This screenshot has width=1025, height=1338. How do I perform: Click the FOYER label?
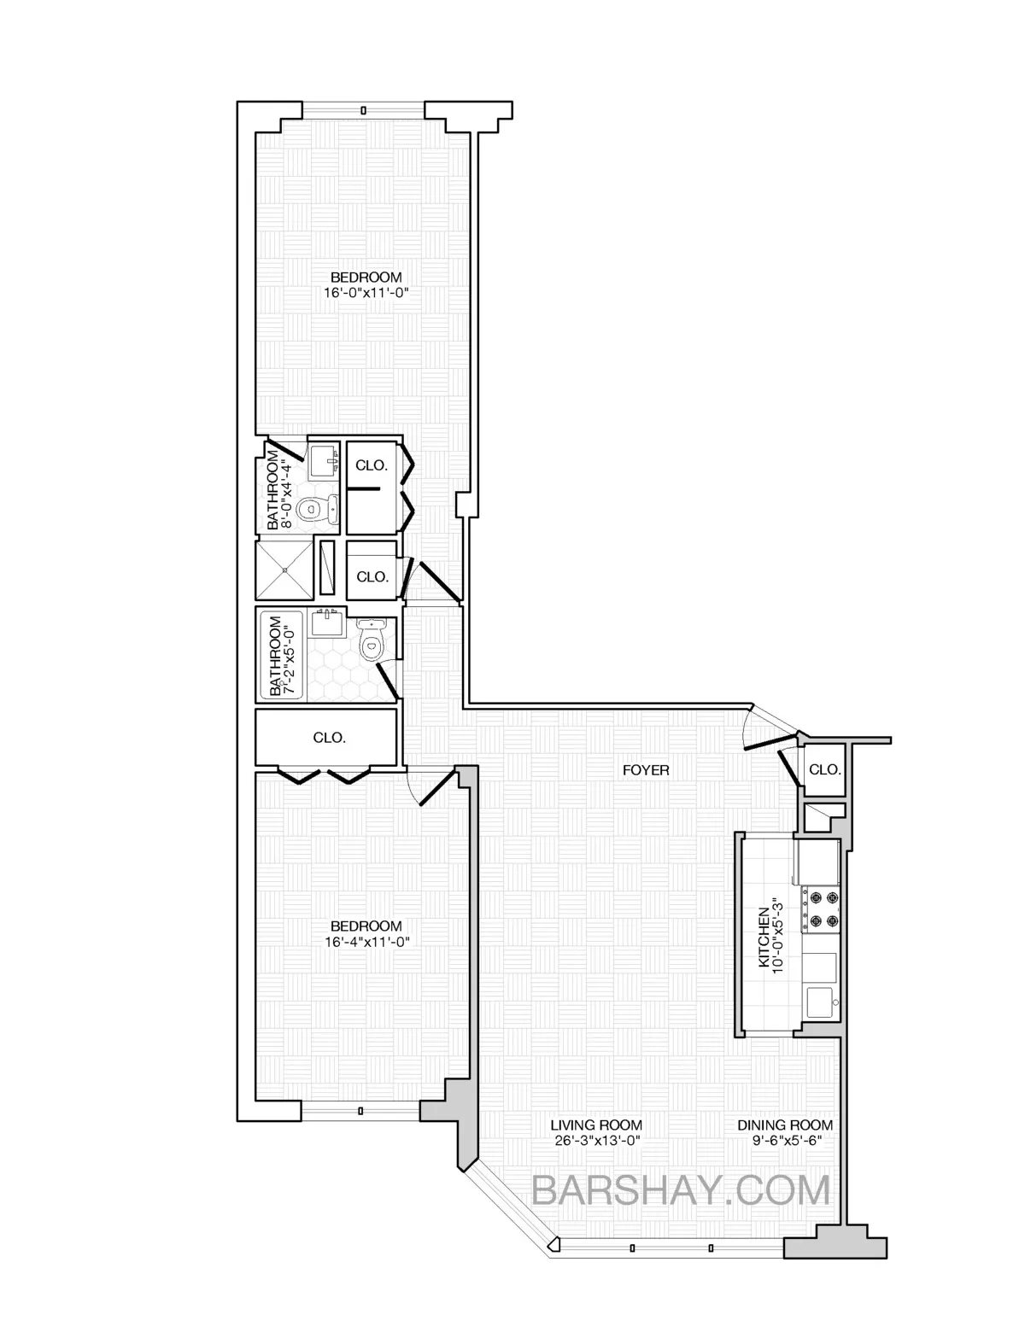point(645,770)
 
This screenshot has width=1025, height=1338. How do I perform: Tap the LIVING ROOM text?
point(595,1125)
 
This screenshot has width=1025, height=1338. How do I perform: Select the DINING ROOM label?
point(785,1125)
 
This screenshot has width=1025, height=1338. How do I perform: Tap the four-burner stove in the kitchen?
point(821,909)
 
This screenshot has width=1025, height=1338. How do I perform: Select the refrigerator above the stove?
point(818,862)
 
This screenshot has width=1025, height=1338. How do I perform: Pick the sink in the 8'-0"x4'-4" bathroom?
point(322,462)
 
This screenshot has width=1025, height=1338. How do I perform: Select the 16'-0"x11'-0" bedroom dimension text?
point(366,292)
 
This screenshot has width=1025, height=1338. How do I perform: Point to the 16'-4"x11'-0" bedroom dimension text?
point(366,942)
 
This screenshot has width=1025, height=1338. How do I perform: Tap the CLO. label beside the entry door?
point(823,769)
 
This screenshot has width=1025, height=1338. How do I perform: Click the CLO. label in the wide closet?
point(329,738)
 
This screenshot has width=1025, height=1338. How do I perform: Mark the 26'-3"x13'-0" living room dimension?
point(595,1140)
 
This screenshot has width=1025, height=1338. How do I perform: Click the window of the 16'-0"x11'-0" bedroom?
point(363,110)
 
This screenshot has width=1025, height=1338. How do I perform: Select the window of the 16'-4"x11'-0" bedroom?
point(360,1111)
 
